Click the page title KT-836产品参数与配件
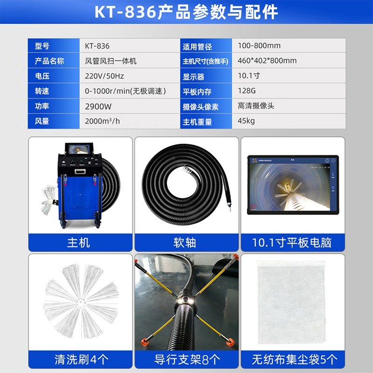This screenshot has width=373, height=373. click(186, 13)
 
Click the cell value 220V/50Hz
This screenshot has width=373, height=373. click(104, 76)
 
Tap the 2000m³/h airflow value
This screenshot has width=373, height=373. click(103, 121)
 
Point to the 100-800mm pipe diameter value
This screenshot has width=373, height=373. click(259, 46)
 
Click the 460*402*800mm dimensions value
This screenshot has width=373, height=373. click(267, 61)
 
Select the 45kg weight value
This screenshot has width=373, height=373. click(246, 121)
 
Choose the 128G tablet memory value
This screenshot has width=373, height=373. click(247, 91)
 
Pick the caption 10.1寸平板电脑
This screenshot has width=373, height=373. click(292, 243)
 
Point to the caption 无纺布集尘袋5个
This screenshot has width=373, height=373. click(292, 359)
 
